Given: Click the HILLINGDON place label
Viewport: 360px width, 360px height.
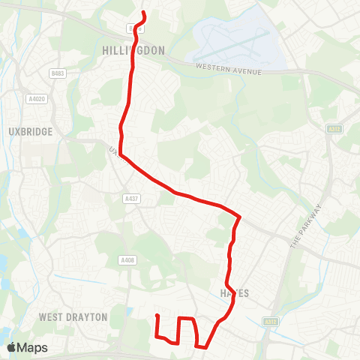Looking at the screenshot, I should tap(132, 50).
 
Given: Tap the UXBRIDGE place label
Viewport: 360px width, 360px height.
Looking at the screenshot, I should tap(31, 131).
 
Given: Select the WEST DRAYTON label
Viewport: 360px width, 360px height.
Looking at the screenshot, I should tap(73, 317).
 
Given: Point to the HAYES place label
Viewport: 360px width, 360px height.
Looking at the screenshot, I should tap(234, 293).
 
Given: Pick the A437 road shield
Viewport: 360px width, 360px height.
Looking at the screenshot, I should tap(130, 198).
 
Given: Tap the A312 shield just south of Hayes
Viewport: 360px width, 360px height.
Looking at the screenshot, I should tap(271, 321).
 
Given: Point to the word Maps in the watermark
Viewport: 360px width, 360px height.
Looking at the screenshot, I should tap(34, 347).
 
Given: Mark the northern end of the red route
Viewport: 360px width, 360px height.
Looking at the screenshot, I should tap(143, 13).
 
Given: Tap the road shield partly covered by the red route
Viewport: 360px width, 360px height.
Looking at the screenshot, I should tap(133, 28).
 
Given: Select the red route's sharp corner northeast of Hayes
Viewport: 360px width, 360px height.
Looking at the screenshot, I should tap(239, 217).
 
